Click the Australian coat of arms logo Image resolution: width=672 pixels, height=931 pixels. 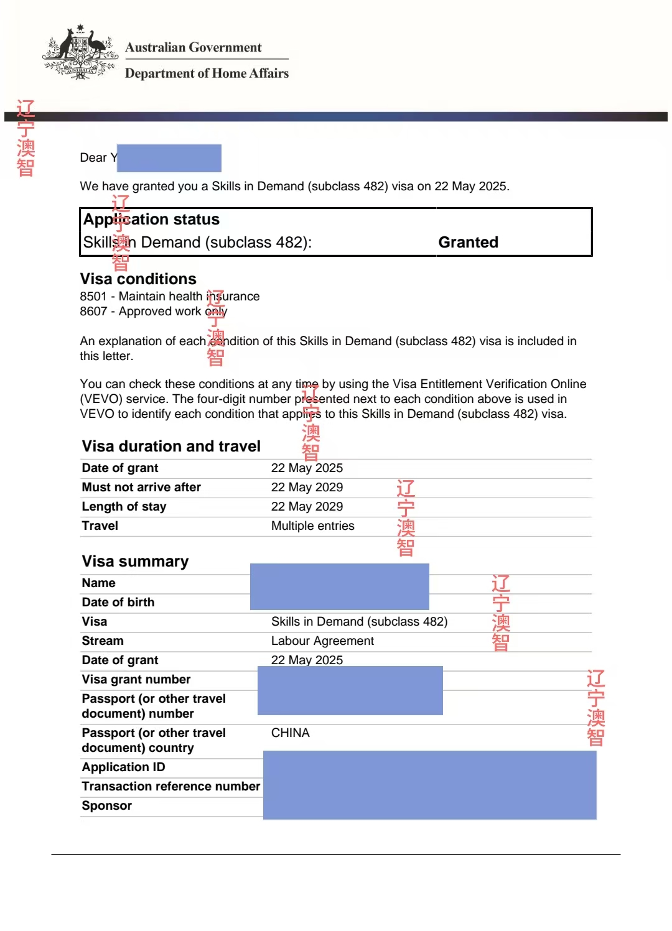tap(80, 53)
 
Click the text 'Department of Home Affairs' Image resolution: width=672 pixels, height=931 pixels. tap(207, 73)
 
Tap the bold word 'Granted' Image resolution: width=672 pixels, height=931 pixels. tap(468, 242)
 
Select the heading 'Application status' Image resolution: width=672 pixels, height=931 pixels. tap(151, 220)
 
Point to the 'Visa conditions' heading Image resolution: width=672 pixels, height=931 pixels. tap(138, 279)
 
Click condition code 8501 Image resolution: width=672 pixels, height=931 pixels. tap(93, 297)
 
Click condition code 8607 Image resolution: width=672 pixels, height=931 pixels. tap(93, 312)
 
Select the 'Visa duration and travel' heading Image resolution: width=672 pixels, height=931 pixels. tap(171, 446)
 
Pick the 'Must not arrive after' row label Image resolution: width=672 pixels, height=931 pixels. tap(141, 487)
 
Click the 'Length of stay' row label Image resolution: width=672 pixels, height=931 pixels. tap(124, 506)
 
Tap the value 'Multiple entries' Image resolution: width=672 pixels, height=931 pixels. tap(312, 526)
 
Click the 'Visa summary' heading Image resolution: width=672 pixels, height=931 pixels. tap(135, 561)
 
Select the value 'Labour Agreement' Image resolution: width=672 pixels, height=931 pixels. tap(322, 641)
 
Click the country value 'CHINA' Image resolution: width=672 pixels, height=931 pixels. tap(290, 733)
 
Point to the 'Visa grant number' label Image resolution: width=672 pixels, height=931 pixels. tap(136, 679)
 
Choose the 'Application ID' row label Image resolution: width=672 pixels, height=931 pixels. tap(123, 767)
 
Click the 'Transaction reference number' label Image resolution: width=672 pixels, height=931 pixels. tap(170, 786)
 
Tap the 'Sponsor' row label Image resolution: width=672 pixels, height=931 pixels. tap(106, 805)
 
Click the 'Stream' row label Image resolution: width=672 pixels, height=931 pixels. tap(103, 641)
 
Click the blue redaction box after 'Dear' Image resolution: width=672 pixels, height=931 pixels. tap(169, 158)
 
